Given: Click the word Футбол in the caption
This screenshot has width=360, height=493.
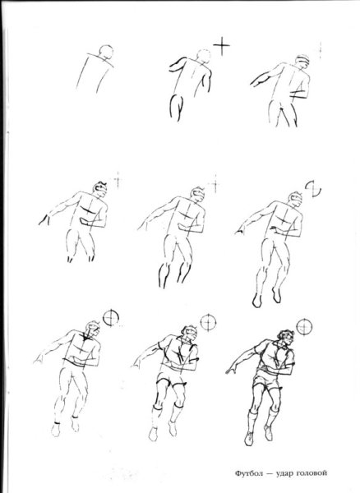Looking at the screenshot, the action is pos(249,473).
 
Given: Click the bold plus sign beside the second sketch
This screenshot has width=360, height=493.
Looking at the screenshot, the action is pos(222,46).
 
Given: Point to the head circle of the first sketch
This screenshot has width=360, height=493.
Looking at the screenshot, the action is pos(106,53).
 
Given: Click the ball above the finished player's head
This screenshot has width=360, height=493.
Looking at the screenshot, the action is pos(304,326).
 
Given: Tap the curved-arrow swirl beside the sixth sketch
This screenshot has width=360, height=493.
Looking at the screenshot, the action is pos(313,189).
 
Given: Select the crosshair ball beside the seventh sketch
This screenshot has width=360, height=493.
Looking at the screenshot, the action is pos(111,318).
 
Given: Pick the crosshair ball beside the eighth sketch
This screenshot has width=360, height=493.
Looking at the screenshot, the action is pos(209,322).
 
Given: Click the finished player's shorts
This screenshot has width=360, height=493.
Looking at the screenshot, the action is pos(265,380).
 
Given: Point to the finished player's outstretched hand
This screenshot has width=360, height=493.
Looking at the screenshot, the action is pos(232,371).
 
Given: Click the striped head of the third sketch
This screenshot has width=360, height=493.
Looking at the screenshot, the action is pos(302,62).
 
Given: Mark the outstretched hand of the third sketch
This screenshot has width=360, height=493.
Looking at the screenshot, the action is pos(256,82).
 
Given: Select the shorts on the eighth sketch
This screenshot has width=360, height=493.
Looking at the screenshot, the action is pos(170,379).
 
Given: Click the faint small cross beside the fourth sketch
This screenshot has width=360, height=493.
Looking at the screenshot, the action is pos(118,180).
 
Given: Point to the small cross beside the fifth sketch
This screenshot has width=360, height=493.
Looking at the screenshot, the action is pos(215,184).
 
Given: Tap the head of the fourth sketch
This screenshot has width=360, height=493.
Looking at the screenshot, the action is pos(100,189).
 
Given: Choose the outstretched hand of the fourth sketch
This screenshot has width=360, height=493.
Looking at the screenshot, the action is pos(44,220).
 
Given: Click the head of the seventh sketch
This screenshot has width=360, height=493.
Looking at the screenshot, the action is pos(93,329).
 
